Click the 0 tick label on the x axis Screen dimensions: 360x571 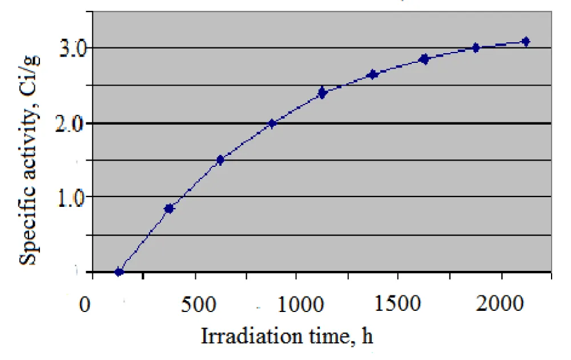pyautogui.click(x=85, y=303)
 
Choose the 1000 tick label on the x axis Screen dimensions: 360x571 pyautogui.click(x=297, y=303)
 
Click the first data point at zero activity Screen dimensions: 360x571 pyautogui.click(x=119, y=272)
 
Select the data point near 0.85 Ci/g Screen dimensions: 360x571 pyautogui.click(x=169, y=209)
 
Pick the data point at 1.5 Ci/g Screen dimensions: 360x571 pyautogui.click(x=220, y=160)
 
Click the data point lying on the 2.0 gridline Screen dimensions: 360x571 pyautogui.click(x=272, y=123)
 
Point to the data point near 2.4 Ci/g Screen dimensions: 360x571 pyautogui.click(x=322, y=93)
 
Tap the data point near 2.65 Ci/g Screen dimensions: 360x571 pyautogui.click(x=373, y=74)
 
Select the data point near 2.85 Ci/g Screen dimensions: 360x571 pyautogui.click(x=424, y=59)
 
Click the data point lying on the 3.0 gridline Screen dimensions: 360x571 pyautogui.click(x=475, y=48)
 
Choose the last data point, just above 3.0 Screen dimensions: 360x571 pyautogui.click(x=526, y=41)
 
